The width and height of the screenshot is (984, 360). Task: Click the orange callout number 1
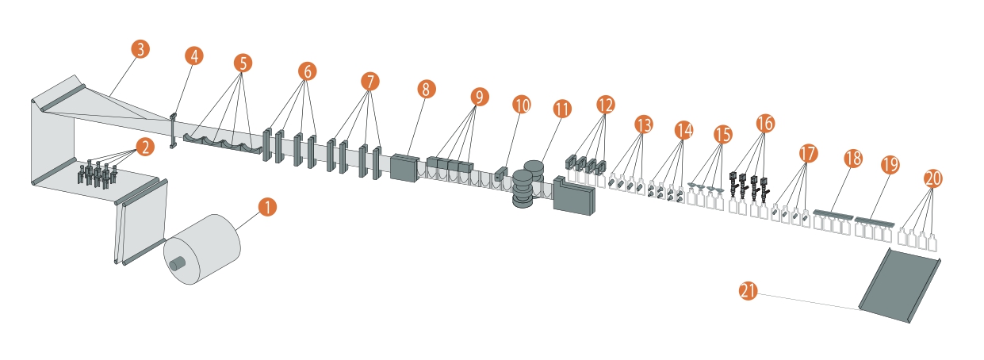267,207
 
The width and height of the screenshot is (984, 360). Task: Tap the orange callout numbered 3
140,49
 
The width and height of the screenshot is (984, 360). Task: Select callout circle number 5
243,63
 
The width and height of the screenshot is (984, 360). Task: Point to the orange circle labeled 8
426,90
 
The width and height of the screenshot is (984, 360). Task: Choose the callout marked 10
522,105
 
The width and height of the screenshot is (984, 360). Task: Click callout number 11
562,109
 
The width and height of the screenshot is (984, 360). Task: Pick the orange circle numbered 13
644,124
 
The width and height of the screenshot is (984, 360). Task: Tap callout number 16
765,123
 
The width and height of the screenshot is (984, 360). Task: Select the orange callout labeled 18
853,159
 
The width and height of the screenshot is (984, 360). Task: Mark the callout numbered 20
933,178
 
